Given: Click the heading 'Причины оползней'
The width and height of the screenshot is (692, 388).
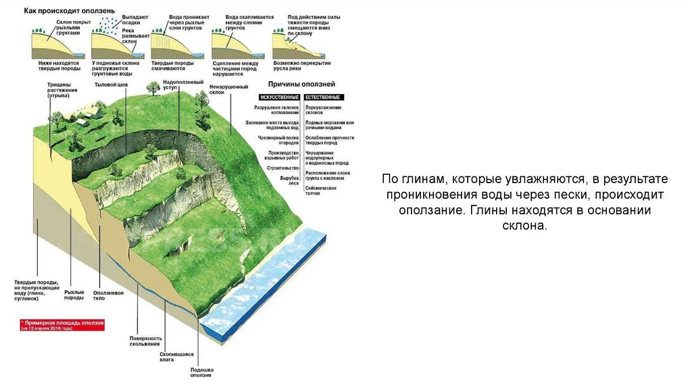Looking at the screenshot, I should pyautogui.click(x=302, y=84).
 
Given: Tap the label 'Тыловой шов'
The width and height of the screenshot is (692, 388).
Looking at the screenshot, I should pyautogui.click(x=111, y=84).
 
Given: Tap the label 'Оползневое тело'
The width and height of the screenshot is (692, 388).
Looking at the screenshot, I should pyautogui.click(x=108, y=295).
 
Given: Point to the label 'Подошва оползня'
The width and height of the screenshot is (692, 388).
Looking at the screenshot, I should pyautogui.click(x=201, y=372).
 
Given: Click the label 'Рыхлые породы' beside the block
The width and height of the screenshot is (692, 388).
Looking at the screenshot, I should pyautogui.click(x=74, y=295).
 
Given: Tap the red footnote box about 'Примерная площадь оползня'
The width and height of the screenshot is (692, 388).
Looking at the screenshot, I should pyautogui.click(x=62, y=326).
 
